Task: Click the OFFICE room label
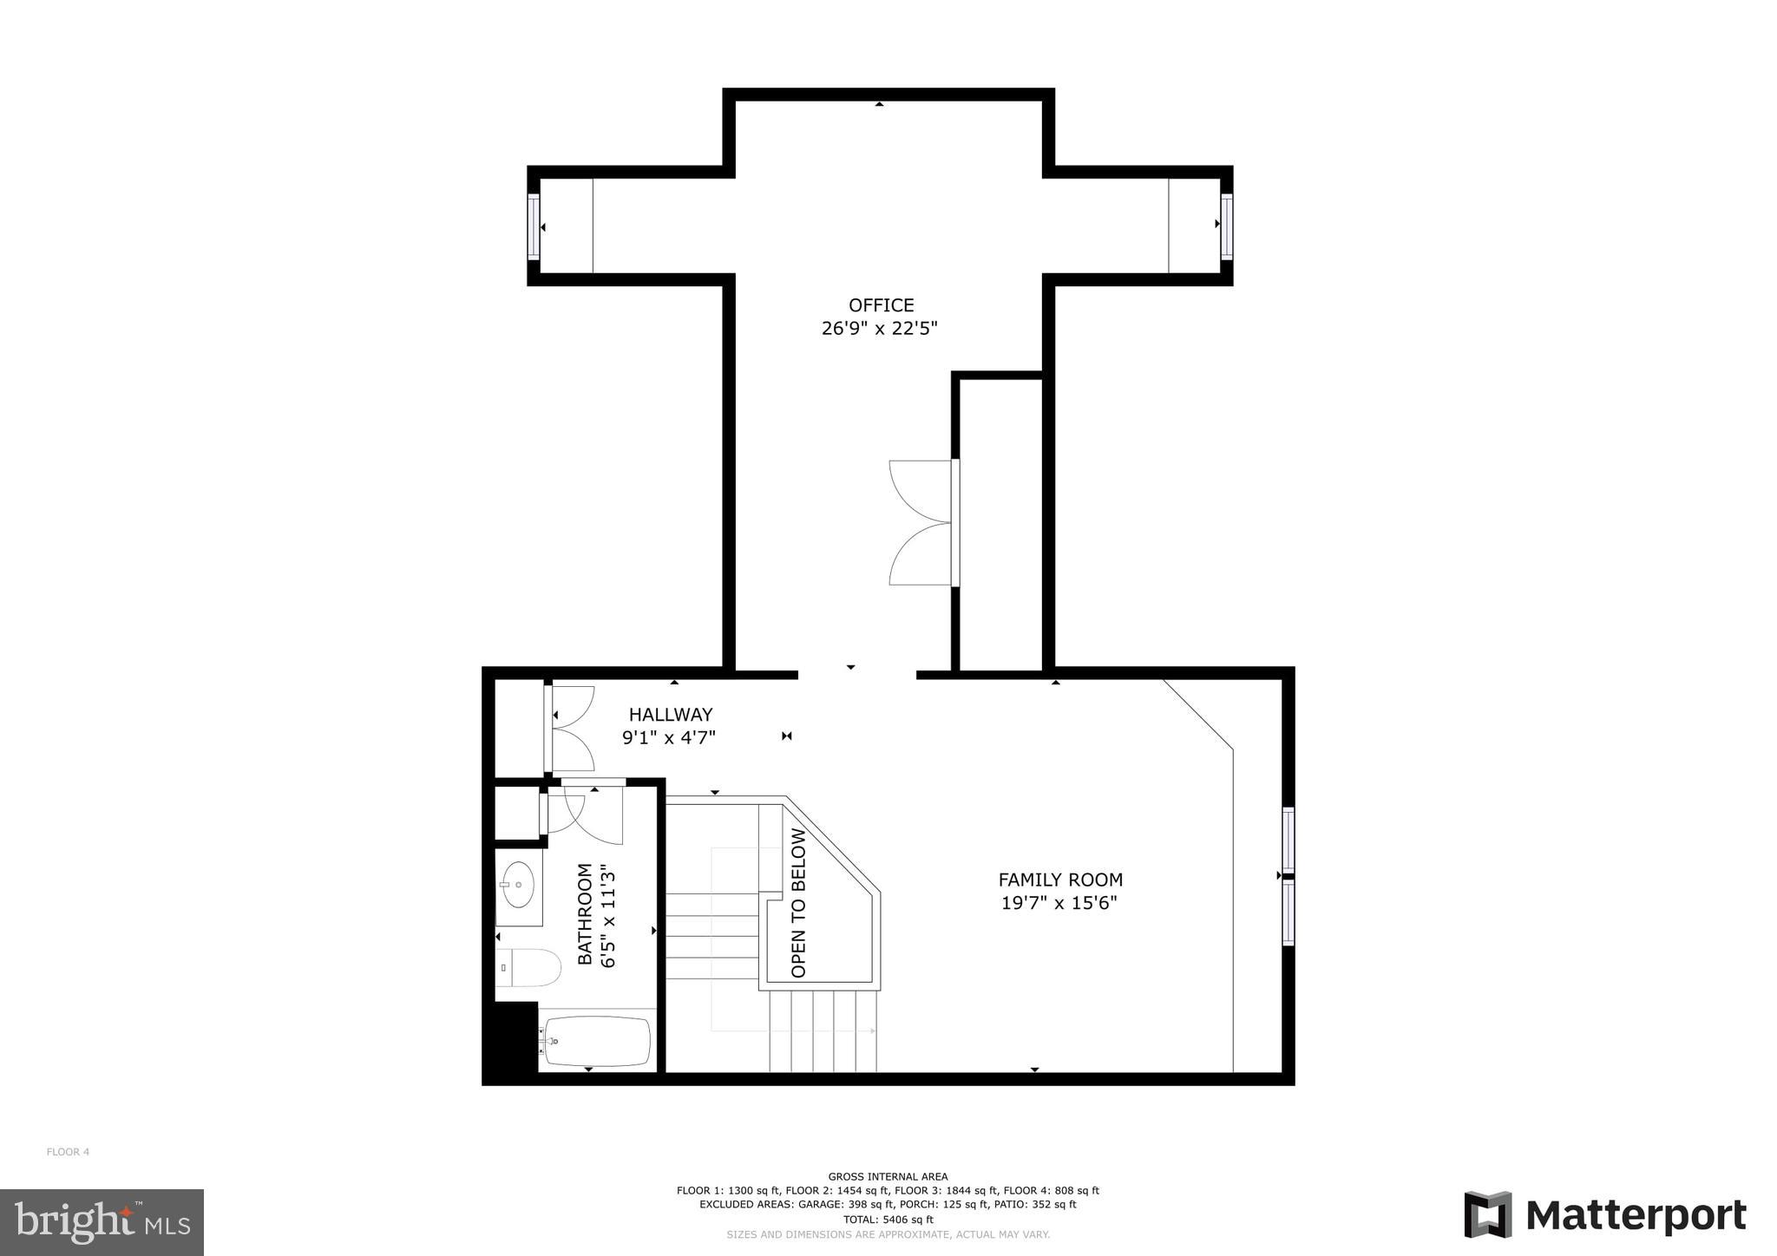(x=881, y=305)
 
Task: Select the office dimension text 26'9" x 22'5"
(x=880, y=329)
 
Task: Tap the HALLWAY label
(x=670, y=715)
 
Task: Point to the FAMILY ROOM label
(x=1059, y=880)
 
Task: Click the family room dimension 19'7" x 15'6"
(x=1059, y=903)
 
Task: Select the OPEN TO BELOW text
(x=798, y=903)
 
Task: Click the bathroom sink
(x=518, y=885)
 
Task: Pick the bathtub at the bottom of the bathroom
(x=597, y=1041)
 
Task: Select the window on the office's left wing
(x=534, y=226)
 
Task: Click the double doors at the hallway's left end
(x=570, y=729)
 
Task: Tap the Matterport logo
(x=1605, y=1216)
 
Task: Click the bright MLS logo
(x=102, y=1222)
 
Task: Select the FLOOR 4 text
(x=68, y=1152)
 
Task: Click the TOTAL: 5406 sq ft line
(x=888, y=1219)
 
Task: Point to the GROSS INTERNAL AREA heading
(x=888, y=1177)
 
